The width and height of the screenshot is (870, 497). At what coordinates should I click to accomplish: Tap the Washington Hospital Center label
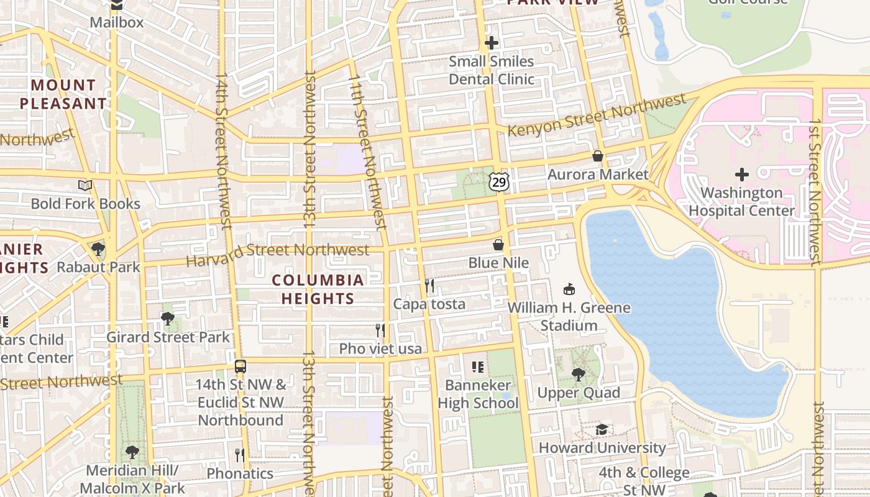pyautogui.click(x=741, y=202)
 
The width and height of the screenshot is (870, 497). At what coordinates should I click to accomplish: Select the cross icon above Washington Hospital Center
pyautogui.click(x=741, y=175)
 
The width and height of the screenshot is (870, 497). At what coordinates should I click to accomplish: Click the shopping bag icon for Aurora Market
pyautogui.click(x=598, y=156)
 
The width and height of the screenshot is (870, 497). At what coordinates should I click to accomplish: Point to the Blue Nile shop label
pyautogui.click(x=498, y=263)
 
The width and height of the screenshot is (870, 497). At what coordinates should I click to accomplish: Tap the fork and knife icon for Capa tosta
pyautogui.click(x=429, y=285)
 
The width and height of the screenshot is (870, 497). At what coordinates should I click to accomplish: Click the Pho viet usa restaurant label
pyautogui.click(x=380, y=349)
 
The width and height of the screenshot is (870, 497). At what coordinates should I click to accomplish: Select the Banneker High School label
pyautogui.click(x=478, y=394)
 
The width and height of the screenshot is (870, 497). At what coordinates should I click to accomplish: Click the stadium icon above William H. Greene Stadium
pyautogui.click(x=569, y=289)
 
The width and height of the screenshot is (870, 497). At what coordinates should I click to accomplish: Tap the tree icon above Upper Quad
pyautogui.click(x=579, y=374)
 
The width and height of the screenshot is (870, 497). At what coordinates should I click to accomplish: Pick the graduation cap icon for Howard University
pyautogui.click(x=602, y=429)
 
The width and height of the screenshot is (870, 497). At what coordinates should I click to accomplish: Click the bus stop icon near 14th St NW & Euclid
pyautogui.click(x=240, y=366)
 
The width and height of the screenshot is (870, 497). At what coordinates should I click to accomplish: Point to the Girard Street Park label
pyautogui.click(x=168, y=337)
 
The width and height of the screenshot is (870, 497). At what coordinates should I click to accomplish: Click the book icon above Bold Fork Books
pyautogui.click(x=85, y=185)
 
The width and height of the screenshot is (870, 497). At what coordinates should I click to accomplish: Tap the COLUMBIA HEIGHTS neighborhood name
pyautogui.click(x=318, y=290)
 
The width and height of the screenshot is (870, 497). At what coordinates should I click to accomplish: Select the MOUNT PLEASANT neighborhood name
pyautogui.click(x=63, y=94)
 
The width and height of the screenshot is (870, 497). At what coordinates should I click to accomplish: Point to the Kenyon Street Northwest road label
pyautogui.click(x=597, y=115)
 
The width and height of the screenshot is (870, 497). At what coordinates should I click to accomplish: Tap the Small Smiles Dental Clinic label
pyautogui.click(x=492, y=70)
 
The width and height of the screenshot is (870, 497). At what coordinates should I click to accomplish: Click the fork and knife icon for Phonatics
pyautogui.click(x=240, y=455)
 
